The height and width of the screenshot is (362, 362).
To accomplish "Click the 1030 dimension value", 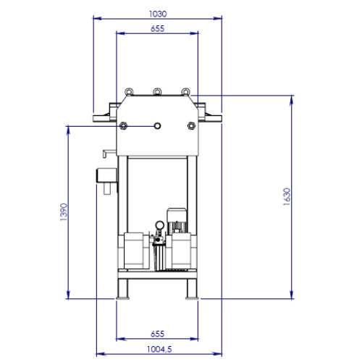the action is (x=158, y=14).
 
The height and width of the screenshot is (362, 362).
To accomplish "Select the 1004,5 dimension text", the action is (x=159, y=349).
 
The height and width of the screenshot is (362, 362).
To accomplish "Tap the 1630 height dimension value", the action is (x=287, y=197).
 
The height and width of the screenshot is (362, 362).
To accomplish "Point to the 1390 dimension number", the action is (x=64, y=212).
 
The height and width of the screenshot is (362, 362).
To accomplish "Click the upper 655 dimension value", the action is (x=157, y=29).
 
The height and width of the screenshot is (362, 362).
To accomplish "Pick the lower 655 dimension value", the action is (x=157, y=334).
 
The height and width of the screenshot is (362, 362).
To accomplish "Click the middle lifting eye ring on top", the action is (x=157, y=92).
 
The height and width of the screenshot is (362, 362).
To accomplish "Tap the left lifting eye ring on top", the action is (x=129, y=92).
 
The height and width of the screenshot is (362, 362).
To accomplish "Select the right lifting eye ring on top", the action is (x=185, y=92).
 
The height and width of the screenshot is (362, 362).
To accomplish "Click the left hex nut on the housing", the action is (x=123, y=126).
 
